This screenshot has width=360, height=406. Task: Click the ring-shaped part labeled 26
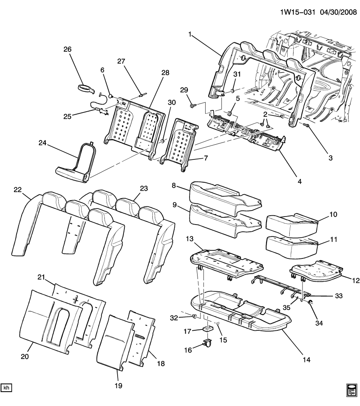[86, 88]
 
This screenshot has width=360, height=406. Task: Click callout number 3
[330, 158]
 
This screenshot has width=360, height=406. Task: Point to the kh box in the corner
[7, 387]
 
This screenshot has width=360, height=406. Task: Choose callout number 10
[333, 215]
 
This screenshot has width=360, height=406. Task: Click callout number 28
[165, 72]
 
